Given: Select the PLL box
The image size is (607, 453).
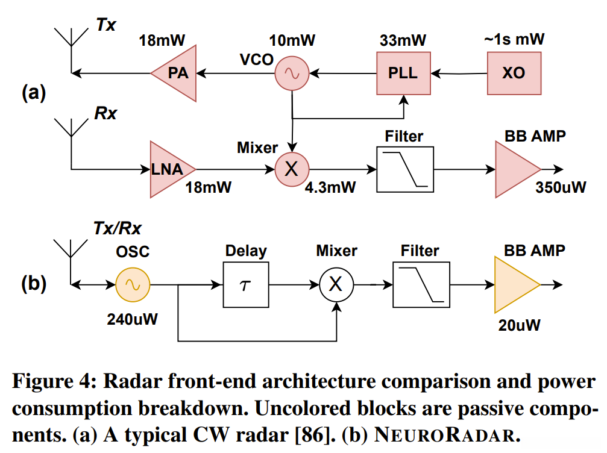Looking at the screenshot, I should [x=403, y=73].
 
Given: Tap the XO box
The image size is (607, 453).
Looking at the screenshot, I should [x=513, y=73].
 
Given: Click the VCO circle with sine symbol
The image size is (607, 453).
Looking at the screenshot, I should [x=292, y=73].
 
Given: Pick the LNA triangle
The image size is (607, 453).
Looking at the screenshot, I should [x=171, y=169].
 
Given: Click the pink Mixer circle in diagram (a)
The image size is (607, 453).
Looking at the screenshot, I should [x=292, y=169].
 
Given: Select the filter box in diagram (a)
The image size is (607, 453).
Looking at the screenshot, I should [x=404, y=169].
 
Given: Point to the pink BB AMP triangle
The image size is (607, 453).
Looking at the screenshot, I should [x=514, y=169].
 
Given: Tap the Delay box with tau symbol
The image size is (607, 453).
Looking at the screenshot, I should [x=246, y=284].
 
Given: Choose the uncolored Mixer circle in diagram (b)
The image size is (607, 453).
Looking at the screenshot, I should [x=336, y=284].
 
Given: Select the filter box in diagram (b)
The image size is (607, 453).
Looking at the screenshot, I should [x=421, y=284].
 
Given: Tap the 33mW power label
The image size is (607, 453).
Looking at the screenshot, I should [x=403, y=40].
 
